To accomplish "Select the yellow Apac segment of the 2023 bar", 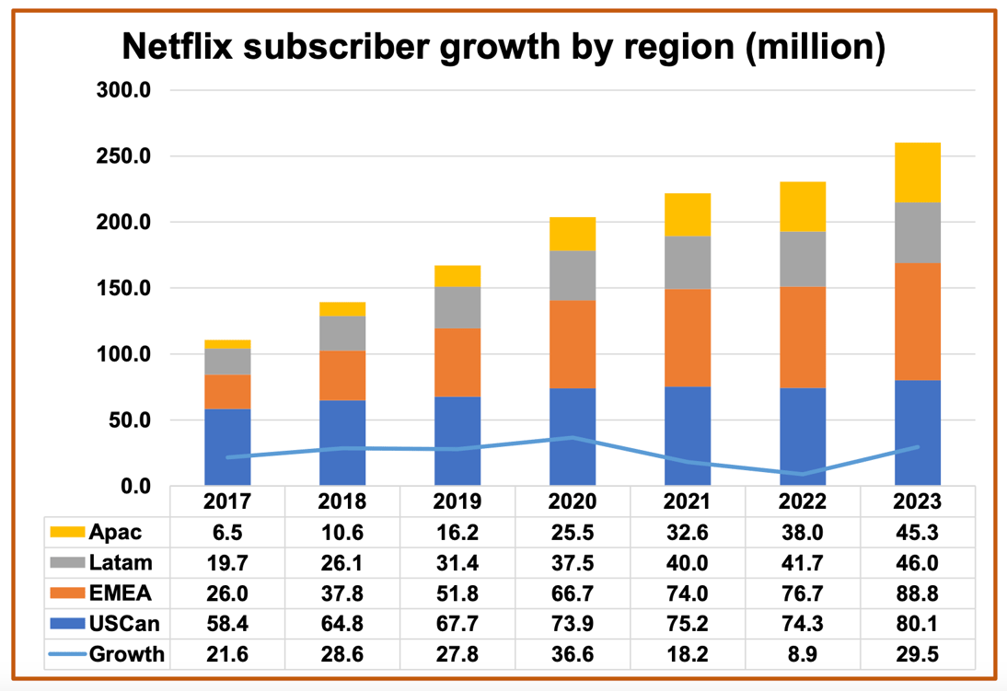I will pyautogui.click(x=917, y=172).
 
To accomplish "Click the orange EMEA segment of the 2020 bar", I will pyautogui.click(x=573, y=344).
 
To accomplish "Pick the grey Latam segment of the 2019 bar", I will pyautogui.click(x=457, y=307).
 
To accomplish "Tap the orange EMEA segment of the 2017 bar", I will pyautogui.click(x=227, y=391).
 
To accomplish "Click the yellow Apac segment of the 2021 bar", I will pyautogui.click(x=688, y=214).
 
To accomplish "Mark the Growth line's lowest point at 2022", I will pyautogui.click(x=803, y=474).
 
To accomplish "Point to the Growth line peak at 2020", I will pyautogui.click(x=573, y=438).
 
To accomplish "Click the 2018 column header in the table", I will pyautogui.click(x=342, y=502).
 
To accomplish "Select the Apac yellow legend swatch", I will pyautogui.click(x=67, y=532).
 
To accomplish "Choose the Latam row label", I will pyautogui.click(x=120, y=562).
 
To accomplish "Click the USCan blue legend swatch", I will pyautogui.click(x=67, y=624).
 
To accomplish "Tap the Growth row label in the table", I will pyautogui.click(x=126, y=654).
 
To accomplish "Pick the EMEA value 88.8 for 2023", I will pyautogui.click(x=917, y=593).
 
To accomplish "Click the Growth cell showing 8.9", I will pyautogui.click(x=803, y=654).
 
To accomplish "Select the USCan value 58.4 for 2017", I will pyautogui.click(x=227, y=624).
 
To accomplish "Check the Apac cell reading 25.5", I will pyautogui.click(x=573, y=532).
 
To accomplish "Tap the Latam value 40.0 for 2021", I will pyautogui.click(x=688, y=562).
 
